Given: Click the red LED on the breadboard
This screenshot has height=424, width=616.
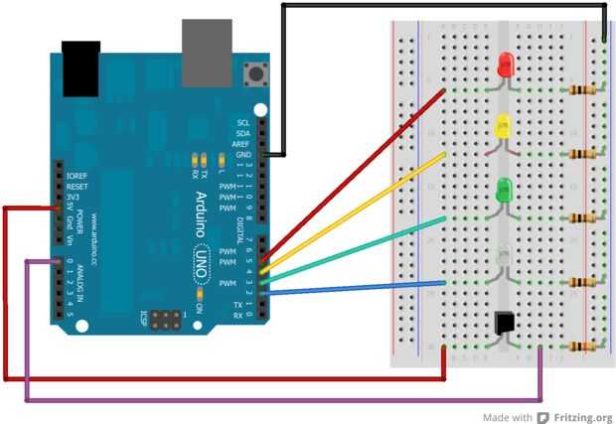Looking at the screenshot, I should (x=505, y=65).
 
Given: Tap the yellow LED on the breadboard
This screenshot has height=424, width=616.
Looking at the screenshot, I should (x=503, y=126).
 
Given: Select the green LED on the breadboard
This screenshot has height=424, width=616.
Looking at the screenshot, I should (x=504, y=187).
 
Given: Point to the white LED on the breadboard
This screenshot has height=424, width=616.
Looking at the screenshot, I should (x=504, y=255).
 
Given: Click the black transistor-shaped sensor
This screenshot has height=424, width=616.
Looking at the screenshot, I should (x=506, y=323).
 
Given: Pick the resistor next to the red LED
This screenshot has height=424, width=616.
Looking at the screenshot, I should (x=583, y=90).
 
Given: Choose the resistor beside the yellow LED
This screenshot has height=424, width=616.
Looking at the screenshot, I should (x=583, y=154).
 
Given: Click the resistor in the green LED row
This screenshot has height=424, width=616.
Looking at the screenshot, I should (x=583, y=217).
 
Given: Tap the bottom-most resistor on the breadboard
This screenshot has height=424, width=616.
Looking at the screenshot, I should (x=583, y=347).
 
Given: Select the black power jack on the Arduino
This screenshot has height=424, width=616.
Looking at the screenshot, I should (x=80, y=68).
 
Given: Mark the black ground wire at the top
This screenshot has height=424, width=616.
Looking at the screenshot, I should (x=437, y=5).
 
